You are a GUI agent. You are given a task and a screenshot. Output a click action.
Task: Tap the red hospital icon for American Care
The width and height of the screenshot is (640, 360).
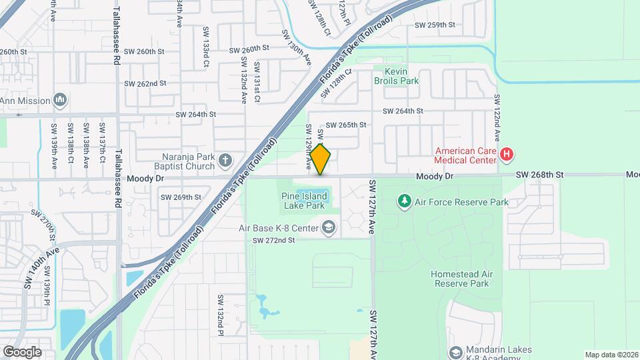click(x=507, y=155)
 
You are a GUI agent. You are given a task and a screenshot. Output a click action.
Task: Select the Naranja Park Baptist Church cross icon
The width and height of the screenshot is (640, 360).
click(x=225, y=159)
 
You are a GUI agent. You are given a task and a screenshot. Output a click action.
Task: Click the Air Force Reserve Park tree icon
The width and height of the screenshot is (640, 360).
click(x=403, y=201)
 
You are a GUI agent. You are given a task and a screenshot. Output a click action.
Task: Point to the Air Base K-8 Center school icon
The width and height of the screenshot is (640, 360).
click(x=328, y=228)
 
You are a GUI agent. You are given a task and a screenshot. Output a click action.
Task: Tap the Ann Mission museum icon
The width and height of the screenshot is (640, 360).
click(x=60, y=101)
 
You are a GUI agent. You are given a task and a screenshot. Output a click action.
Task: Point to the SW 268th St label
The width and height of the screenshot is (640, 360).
click(x=540, y=175)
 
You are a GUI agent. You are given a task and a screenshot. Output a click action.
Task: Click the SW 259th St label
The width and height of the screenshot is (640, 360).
click(x=435, y=25)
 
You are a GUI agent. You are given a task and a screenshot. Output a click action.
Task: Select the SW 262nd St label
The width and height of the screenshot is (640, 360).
click(x=145, y=83)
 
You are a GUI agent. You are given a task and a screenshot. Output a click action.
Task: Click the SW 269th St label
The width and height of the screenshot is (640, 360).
click(x=181, y=197)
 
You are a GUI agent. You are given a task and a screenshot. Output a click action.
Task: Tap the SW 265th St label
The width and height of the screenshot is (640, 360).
click(x=346, y=125)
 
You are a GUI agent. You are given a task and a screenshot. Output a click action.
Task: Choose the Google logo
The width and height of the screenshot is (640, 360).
click(x=22, y=351)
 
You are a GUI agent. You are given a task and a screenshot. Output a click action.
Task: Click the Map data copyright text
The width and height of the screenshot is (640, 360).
click(x=611, y=355)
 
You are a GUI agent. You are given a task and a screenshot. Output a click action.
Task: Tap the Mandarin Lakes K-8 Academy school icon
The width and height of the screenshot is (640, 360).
click(x=456, y=351)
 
